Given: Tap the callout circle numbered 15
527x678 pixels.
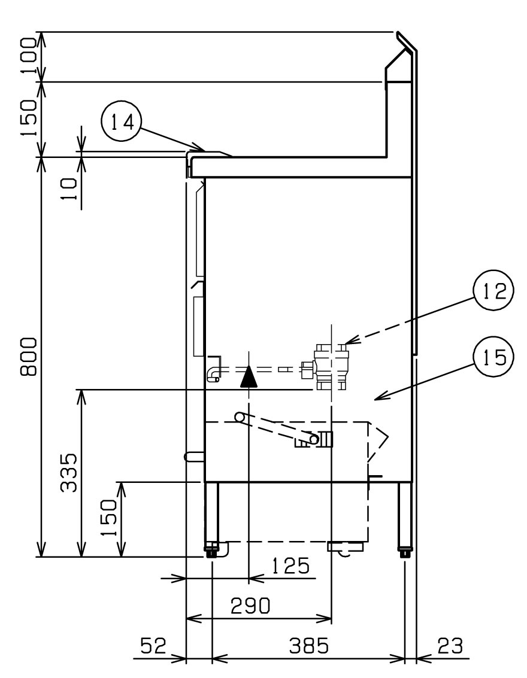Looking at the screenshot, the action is tap(493, 357).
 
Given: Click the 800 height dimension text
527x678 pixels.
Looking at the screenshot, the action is tap(29, 357).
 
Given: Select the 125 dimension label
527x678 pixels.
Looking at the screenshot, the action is tap(291, 565).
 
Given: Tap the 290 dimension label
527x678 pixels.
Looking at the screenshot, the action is tap(250, 606).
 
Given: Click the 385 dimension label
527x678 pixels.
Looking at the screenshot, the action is tap(309, 646).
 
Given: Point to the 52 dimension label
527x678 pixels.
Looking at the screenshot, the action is tap(153, 646).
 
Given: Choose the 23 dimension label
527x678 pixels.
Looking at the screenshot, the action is tap(450, 646).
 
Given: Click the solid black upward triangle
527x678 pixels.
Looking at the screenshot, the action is tap(249, 376).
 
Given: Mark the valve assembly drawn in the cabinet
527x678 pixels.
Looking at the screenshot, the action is tap(326, 366).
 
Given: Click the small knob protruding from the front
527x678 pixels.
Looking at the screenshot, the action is tap(194, 456).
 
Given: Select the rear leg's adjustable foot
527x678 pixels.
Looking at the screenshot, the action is tap(405, 551).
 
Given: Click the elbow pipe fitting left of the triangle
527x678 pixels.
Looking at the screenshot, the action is tap(214, 369).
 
